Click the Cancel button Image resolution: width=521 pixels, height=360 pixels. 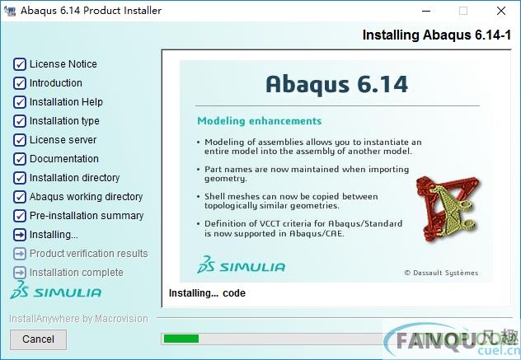[38, 339]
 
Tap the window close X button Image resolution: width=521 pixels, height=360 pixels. [501, 11]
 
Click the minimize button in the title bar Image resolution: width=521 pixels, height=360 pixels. [426, 11]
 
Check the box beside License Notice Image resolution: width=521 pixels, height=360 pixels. [20, 64]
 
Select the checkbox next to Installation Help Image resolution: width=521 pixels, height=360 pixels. [20, 102]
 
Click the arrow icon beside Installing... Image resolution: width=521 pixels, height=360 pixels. [20, 235]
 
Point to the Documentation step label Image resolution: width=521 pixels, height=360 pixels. [64, 159]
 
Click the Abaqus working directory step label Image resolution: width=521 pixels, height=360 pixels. [86, 197]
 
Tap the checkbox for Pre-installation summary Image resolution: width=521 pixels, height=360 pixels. [20, 216]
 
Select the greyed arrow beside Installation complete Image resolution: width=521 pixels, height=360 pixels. [20, 273]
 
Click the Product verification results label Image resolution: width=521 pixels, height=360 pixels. [89, 254]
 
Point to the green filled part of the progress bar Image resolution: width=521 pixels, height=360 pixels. [181, 339]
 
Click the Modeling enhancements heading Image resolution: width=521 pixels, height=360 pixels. [260, 121]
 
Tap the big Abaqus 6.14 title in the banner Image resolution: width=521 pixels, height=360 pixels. [337, 84]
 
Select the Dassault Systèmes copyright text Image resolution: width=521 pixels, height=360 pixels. [441, 273]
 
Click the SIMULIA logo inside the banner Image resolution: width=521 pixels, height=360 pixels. [241, 264]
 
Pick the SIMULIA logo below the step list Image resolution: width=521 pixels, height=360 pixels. [55, 290]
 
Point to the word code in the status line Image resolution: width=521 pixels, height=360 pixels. [234, 293]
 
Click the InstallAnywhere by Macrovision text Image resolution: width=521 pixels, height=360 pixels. [78, 319]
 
